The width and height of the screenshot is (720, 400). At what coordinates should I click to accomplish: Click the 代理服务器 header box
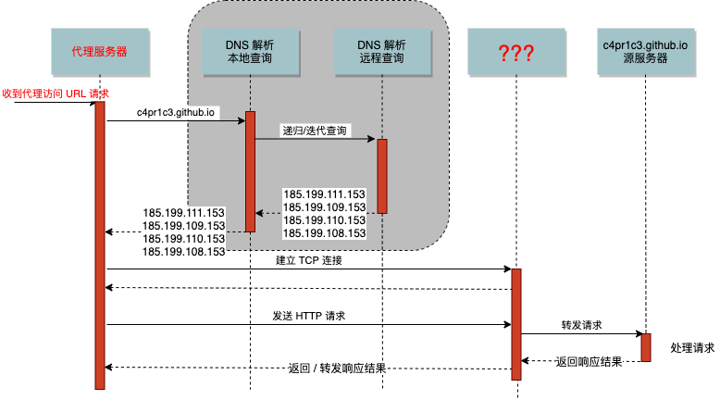tap(98, 51)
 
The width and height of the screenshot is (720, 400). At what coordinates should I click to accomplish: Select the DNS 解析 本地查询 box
tap(249, 51)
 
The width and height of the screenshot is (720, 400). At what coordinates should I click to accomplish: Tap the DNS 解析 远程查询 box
tap(380, 51)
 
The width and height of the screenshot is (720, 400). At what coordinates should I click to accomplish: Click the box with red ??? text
tap(515, 52)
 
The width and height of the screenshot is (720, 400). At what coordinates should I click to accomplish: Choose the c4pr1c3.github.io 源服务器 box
tap(646, 51)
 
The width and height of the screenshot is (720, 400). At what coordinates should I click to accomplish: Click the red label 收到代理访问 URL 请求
tap(56, 94)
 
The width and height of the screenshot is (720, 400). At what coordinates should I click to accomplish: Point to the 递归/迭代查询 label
tap(315, 131)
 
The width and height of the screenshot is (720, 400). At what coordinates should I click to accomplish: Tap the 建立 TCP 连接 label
tap(309, 260)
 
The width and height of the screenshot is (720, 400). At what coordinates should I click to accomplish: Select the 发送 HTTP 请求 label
tap(309, 316)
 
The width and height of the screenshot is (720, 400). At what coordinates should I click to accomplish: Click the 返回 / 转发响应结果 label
tap(337, 368)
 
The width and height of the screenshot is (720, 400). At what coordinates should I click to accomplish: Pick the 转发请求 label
tap(581, 325)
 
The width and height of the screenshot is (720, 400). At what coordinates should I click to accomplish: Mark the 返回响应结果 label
tap(589, 361)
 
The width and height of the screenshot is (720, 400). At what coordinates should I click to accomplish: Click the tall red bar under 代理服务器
tap(100, 245)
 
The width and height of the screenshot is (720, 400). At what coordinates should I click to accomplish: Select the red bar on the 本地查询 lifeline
tap(250, 171)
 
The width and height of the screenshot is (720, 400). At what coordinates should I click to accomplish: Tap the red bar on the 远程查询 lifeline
tap(381, 176)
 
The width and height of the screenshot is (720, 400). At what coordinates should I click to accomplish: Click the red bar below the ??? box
tap(516, 324)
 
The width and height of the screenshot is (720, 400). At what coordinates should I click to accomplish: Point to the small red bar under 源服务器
tap(646, 347)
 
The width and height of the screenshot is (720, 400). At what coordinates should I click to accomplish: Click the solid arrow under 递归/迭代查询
tap(315, 140)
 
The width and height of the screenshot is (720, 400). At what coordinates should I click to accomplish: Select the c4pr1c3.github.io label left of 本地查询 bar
tap(176, 113)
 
